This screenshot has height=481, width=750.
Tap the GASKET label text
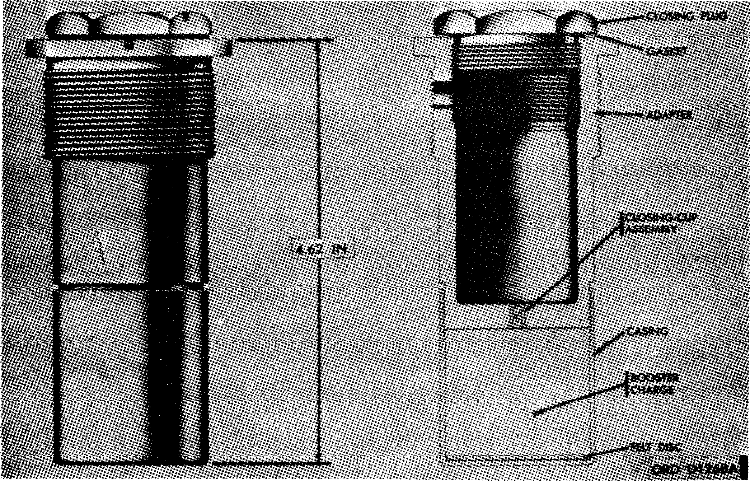666,51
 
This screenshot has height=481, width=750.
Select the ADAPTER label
668,116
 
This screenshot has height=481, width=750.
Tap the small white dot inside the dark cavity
530,224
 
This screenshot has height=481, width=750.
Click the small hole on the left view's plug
186,17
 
